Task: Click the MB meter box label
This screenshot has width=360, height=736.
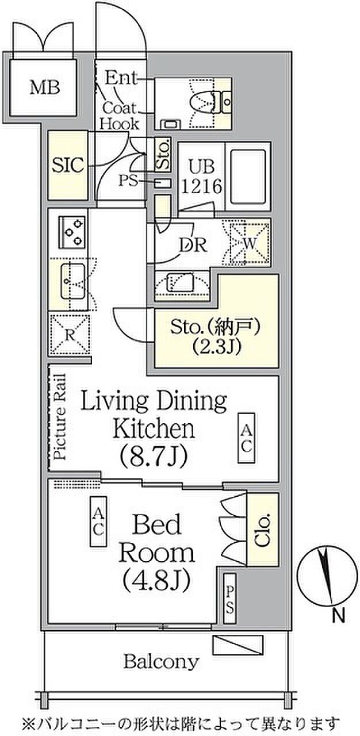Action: [45, 88]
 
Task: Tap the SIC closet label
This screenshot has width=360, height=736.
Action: [68, 165]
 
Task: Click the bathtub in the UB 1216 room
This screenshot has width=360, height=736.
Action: [248, 177]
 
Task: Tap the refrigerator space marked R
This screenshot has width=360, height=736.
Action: [70, 334]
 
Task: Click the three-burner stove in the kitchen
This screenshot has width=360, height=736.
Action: [72, 232]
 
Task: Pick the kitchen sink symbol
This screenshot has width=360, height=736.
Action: [73, 281]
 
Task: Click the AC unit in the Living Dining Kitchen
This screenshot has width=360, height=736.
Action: [246, 438]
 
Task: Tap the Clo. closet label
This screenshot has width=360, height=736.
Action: [263, 530]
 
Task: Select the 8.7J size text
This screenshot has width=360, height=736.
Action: [154, 456]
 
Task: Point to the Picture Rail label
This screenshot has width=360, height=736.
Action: [60, 417]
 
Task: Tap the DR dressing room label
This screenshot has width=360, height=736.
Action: [193, 244]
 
